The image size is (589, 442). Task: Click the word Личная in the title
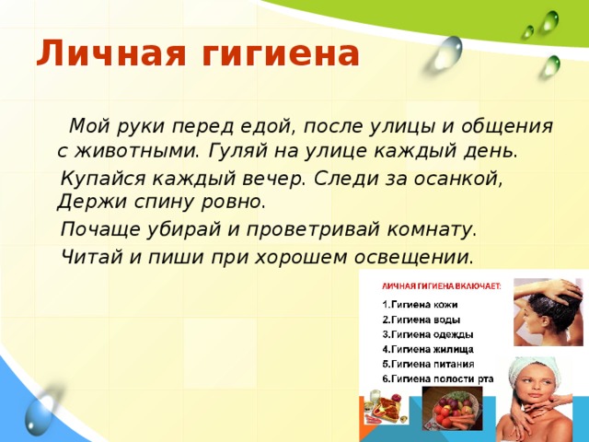(x=102, y=54)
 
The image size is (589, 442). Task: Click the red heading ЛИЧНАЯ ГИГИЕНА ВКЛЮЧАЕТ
(x=440, y=285)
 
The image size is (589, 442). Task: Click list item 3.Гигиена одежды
(x=428, y=333)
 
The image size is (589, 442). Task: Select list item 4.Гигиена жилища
(x=428, y=349)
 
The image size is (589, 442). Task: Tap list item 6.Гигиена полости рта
(x=438, y=378)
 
